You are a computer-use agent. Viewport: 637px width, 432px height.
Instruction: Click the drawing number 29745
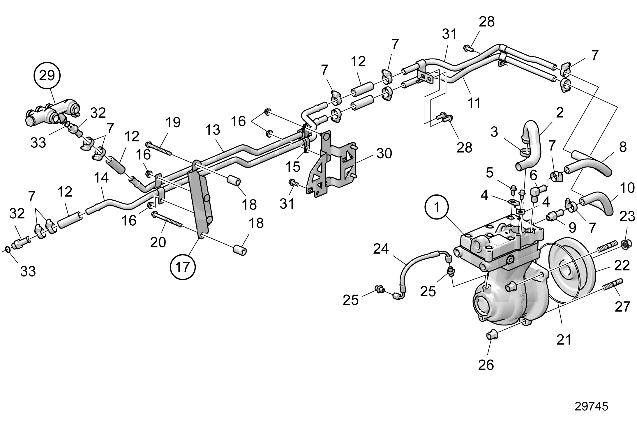coord(591,406)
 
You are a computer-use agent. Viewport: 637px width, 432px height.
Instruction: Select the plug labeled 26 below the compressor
coord(492,335)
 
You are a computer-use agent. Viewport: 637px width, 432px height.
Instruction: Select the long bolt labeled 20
coord(167,219)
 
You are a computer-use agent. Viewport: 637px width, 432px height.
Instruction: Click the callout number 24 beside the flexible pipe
coord(381,250)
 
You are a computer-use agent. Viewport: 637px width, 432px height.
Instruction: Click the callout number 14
coord(101,178)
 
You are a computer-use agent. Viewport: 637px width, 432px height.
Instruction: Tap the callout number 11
coord(474,103)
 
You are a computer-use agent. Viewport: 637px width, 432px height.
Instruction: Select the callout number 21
coord(564,339)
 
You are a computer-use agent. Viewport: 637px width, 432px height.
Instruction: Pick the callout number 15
coord(292,167)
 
